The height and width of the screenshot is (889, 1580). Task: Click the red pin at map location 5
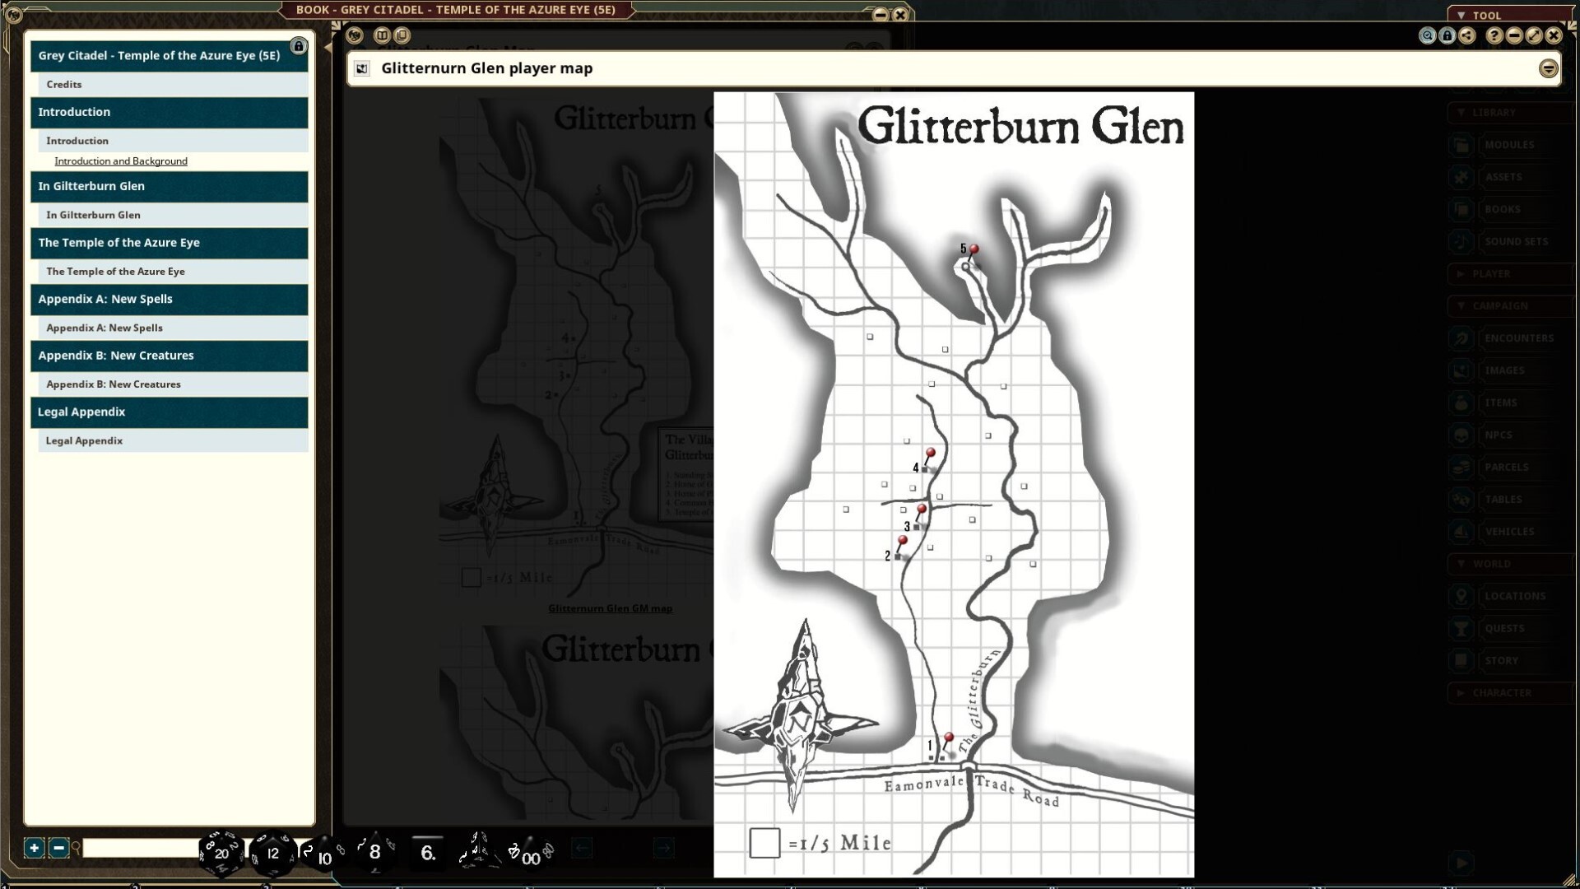point(974,249)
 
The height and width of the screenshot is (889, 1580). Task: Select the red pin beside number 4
point(931,454)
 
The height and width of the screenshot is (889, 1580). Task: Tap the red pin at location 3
point(922,510)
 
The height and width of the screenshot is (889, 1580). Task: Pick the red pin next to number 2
point(903,541)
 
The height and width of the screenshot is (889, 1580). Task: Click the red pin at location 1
point(949,738)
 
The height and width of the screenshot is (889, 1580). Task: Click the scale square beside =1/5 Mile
point(764,843)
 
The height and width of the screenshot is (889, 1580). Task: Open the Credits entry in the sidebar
point(64,84)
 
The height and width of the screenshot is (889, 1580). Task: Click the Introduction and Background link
point(121,161)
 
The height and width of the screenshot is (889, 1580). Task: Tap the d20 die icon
point(221,853)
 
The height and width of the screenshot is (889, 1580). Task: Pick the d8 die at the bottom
point(374,852)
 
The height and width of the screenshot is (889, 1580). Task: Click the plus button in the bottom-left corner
point(34,848)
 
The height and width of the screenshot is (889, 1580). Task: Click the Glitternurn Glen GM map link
point(610,608)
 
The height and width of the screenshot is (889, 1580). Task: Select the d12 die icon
point(272,853)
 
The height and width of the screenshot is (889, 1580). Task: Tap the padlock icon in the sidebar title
point(299,46)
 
